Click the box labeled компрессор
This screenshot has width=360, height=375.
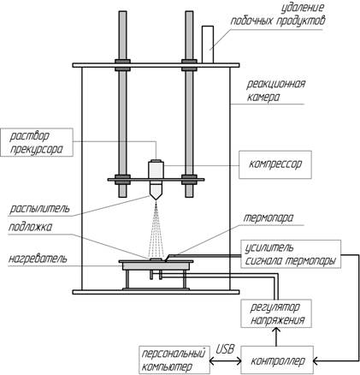pos(275,164)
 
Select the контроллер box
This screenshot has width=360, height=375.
pos(277,360)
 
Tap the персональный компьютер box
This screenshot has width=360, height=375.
pos(174,360)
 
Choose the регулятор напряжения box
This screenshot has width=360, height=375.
pos(276,313)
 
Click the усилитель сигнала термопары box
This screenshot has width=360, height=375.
pos(291,253)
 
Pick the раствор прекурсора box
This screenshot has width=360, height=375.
pos(37,142)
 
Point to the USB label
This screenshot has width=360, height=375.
pos(225,349)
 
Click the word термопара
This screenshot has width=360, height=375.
pos(268,218)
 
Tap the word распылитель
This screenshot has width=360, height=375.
pos(39,209)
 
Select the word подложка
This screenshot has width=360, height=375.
pos(30,228)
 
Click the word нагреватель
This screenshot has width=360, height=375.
pos(38,259)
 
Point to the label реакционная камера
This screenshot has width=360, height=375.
pos(272,91)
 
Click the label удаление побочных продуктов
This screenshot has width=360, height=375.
pos(278,15)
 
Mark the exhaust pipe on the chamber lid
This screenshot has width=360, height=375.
pos(208,45)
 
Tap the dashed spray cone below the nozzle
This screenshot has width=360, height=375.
pos(156,229)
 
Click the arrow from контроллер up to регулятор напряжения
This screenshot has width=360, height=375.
pos(276,337)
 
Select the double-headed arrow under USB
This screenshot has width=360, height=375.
pos(225,361)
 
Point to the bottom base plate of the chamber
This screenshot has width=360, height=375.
pos(156,292)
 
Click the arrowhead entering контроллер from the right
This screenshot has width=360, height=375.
pos(316,361)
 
